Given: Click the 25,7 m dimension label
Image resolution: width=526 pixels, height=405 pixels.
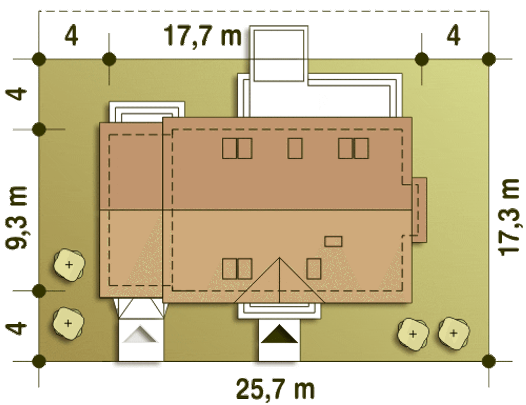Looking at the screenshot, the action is tap(275, 389).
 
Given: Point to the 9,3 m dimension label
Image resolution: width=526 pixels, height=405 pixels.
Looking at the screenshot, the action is tap(16, 217).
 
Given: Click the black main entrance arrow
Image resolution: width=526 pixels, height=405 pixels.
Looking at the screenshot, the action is tap(279, 334).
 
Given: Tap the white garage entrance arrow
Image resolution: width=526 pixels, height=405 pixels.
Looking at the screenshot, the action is tap(141, 334).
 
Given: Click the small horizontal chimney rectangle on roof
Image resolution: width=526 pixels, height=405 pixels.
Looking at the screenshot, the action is tap(333, 242).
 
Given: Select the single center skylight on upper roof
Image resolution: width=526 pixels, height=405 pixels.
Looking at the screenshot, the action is tap(295, 148).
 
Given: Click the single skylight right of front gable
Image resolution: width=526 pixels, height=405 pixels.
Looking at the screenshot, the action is tap(314, 269).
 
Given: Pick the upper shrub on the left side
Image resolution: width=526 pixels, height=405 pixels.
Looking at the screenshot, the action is tap(69, 265).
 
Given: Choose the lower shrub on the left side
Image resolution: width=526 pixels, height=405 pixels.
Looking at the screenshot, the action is tap(68, 323).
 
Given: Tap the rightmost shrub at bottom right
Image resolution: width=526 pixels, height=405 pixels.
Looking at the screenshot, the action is tap(454, 334).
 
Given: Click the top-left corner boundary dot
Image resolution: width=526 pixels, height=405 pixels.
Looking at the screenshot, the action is tap(39, 59).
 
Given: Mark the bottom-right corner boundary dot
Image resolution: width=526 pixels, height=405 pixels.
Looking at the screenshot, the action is tap(489, 361).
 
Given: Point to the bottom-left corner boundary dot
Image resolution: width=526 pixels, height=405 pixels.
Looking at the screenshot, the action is tap(39, 361).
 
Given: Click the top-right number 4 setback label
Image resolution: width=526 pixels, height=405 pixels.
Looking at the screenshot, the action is tap(453, 36).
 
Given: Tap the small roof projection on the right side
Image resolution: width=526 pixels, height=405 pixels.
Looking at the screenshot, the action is tap(419, 210).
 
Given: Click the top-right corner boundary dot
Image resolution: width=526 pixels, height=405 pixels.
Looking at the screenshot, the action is tap(489, 59).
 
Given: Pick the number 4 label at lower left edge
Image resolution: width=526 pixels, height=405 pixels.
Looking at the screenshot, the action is tap(16, 328).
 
